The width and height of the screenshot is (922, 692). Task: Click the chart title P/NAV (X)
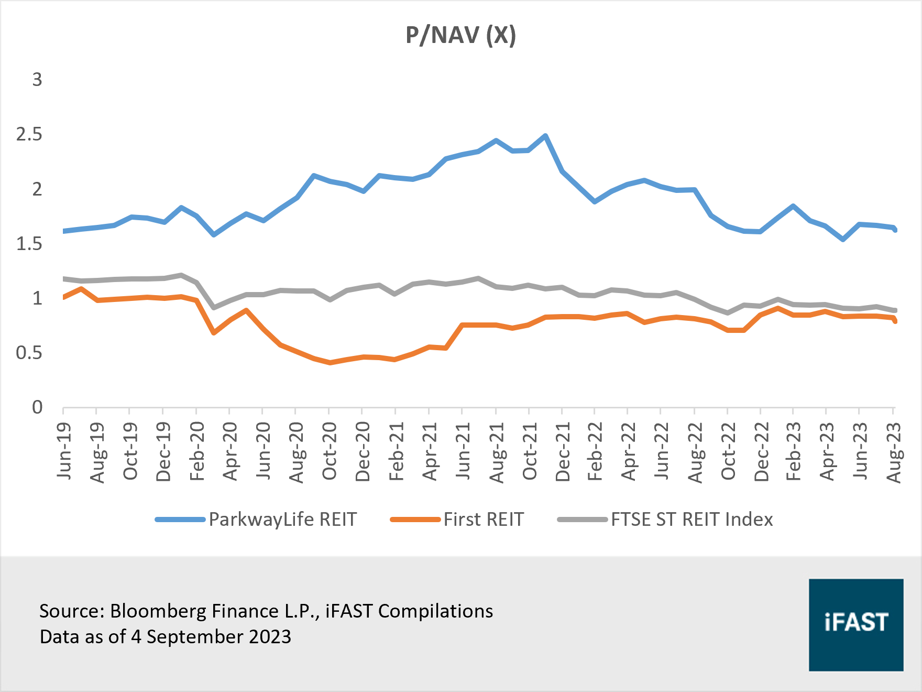tap(460, 36)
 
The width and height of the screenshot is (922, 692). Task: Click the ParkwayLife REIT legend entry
tap(282, 520)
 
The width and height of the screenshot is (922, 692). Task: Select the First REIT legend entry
tap(483, 520)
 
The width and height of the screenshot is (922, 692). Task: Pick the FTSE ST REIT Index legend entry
tap(691, 520)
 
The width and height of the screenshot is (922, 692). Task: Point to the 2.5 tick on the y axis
tap(29, 134)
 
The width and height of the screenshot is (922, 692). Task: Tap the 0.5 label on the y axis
tap(29, 353)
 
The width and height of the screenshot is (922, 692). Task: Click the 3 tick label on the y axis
tap(37, 80)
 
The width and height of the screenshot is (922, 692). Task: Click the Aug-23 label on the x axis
tap(894, 452)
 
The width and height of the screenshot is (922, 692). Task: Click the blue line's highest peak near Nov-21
tap(545, 136)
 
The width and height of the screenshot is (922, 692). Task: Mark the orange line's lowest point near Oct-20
tap(330, 362)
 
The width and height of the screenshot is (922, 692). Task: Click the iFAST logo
tap(855, 624)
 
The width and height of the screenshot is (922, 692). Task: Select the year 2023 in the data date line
tap(270, 637)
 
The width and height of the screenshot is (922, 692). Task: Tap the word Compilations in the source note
tap(435, 611)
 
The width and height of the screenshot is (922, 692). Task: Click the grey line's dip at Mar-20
tap(214, 307)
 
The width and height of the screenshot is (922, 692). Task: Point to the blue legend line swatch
tap(180, 520)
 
